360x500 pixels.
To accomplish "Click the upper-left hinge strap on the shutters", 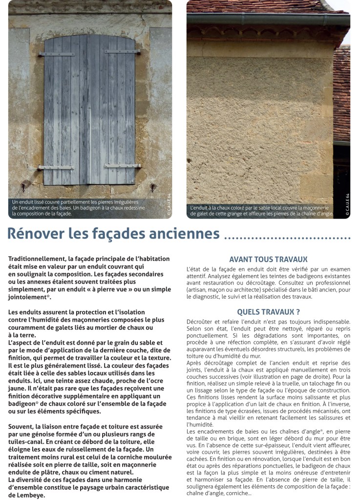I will (57, 54).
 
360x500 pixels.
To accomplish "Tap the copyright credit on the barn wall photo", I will (347, 206).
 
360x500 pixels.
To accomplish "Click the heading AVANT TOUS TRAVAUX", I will (268, 260).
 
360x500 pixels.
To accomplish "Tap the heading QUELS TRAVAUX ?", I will (268, 311).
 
